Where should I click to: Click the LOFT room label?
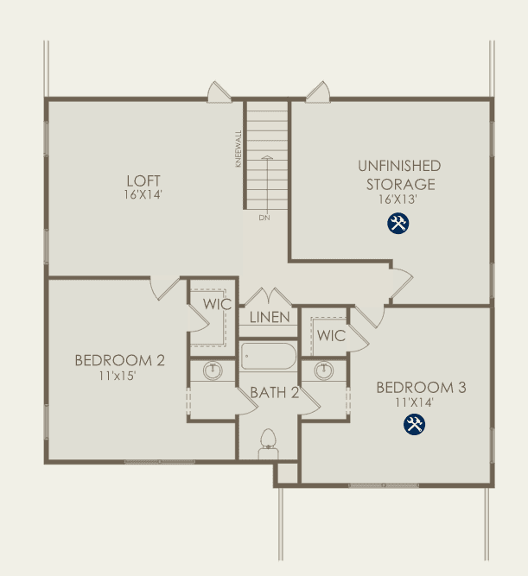pyautogui.click(x=143, y=180)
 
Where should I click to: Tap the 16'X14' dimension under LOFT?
pyautogui.click(x=143, y=194)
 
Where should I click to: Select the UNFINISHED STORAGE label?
pyautogui.click(x=400, y=174)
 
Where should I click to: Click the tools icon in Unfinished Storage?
pyautogui.click(x=398, y=224)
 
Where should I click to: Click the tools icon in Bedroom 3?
pyautogui.click(x=415, y=425)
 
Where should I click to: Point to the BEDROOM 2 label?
pyautogui.click(x=120, y=360)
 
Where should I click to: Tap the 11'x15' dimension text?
pyautogui.click(x=118, y=376)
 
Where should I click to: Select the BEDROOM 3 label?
pyautogui.click(x=422, y=388)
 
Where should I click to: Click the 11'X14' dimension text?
pyautogui.click(x=415, y=402)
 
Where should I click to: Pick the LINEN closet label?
pyautogui.click(x=270, y=318)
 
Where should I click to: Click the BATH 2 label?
pyautogui.click(x=274, y=393)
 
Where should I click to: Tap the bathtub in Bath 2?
pyautogui.click(x=269, y=356)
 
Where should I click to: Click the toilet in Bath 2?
pyautogui.click(x=269, y=443)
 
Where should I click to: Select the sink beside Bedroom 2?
pyautogui.click(x=213, y=370)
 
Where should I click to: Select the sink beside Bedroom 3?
pyautogui.click(x=324, y=370)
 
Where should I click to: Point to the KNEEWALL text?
pyautogui.click(x=239, y=149)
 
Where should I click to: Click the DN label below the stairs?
pyautogui.click(x=264, y=218)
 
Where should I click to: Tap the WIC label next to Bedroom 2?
pyautogui.click(x=217, y=304)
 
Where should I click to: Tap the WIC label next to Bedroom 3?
pyautogui.click(x=331, y=336)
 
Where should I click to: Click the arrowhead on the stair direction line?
pyautogui.click(x=267, y=157)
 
